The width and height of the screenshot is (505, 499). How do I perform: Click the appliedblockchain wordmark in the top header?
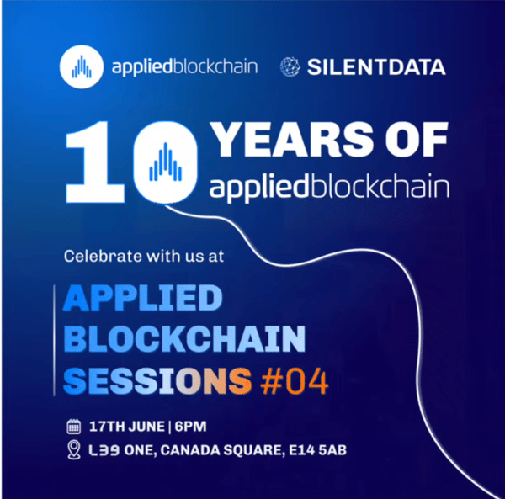click(x=175, y=67)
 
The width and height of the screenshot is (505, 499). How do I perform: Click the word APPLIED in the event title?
click(x=143, y=300)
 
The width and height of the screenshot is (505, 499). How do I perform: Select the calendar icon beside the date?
click(x=73, y=424)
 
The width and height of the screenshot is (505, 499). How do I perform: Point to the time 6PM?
click(x=191, y=425)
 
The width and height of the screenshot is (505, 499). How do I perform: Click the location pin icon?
click(x=73, y=451)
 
